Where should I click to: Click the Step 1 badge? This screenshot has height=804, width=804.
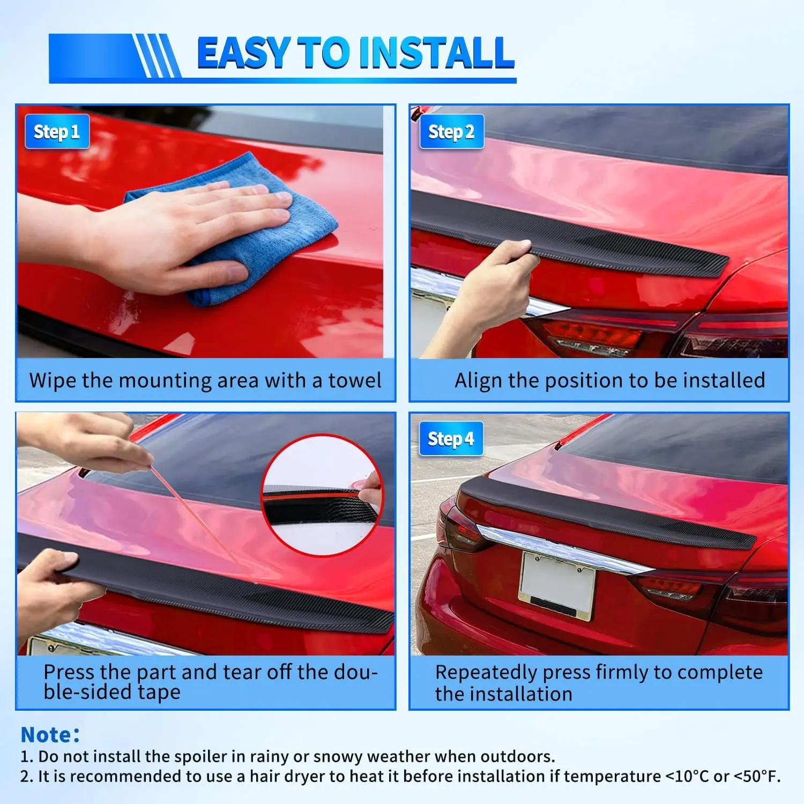click(57, 131)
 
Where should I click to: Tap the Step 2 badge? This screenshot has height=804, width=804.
click(451, 131)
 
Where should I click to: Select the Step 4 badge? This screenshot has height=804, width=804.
click(451, 439)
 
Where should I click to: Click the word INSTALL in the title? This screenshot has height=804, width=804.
click(437, 53)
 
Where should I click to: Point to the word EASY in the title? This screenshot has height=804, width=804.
click(244, 53)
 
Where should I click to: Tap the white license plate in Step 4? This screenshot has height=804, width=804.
click(557, 584)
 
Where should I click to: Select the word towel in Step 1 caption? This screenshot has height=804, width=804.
click(355, 380)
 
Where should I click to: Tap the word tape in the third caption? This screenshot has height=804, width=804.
click(159, 692)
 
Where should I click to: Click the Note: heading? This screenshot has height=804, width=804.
click(50, 735)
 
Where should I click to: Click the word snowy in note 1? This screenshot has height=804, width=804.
click(338, 757)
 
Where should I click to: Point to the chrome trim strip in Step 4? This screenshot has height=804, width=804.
click(563, 549)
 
